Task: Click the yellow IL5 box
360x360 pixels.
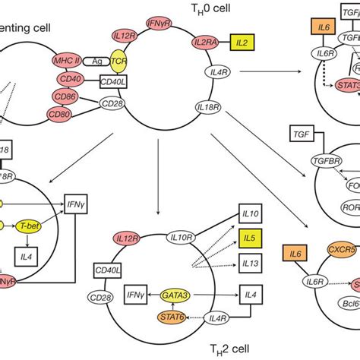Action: point(251,245)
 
